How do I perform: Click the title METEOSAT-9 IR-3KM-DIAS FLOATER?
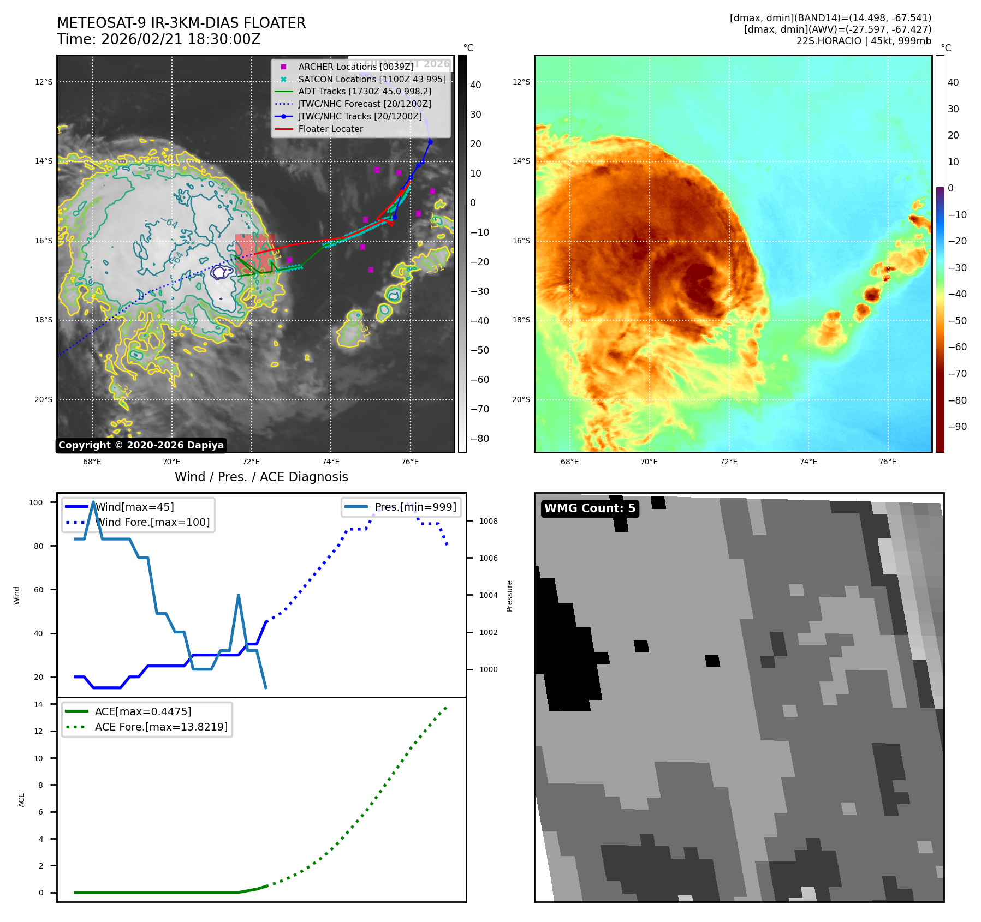(181, 23)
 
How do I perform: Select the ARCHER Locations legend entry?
(355, 67)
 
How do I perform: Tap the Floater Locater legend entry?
(330, 129)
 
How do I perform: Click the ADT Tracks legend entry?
(365, 92)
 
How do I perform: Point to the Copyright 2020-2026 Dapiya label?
(141, 445)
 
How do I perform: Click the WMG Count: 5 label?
(590, 508)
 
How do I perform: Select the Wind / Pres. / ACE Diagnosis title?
(261, 477)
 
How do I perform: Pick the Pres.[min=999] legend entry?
(415, 507)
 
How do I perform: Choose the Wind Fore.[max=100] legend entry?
(152, 522)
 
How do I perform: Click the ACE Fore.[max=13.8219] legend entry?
(161, 727)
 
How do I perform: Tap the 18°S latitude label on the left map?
(44, 320)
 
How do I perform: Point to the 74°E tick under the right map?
(808, 462)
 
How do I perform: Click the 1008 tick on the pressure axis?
(488, 521)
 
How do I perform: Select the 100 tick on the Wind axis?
(36, 502)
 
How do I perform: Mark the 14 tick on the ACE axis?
(39, 704)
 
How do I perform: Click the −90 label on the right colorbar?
(957, 427)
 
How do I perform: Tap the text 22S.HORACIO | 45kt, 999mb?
(864, 41)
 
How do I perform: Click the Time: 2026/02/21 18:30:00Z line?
(158, 39)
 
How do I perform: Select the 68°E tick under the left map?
(92, 462)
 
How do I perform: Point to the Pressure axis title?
(509, 596)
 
